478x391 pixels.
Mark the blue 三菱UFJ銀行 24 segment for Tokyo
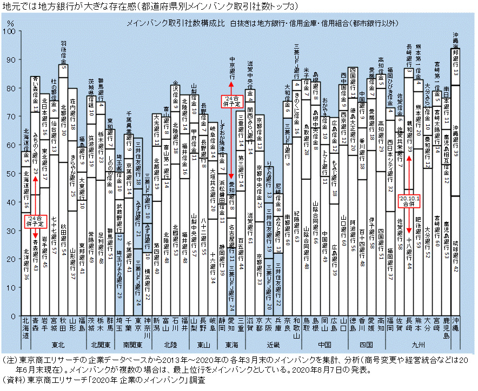pos(138,284)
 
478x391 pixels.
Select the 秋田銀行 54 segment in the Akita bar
pos(63,235)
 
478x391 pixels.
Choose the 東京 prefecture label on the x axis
pos(138,327)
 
